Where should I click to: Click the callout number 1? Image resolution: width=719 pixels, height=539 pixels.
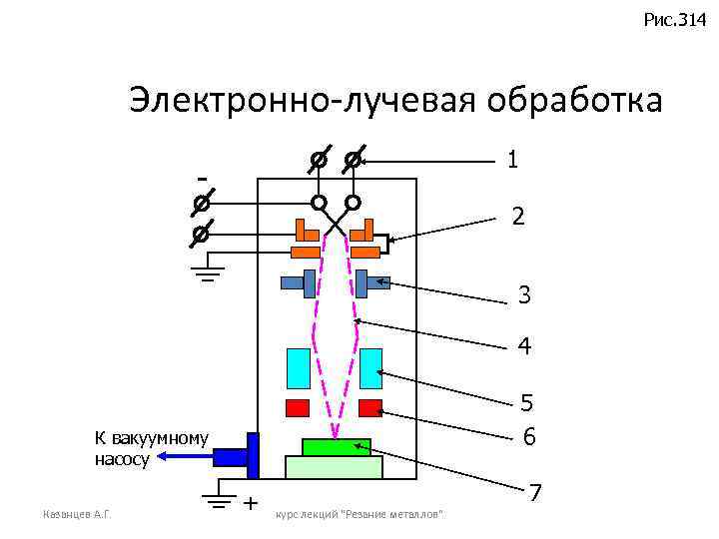[x=512, y=160]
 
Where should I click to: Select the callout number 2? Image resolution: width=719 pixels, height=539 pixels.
[x=517, y=216]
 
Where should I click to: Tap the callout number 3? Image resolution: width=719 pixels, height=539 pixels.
[x=524, y=295]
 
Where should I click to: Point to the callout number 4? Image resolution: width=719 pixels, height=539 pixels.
[x=524, y=347]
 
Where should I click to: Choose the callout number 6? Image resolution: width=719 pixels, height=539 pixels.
[x=529, y=437]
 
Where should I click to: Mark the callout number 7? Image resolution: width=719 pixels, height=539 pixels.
[x=536, y=493]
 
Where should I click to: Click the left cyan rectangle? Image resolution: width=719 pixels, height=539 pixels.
[x=299, y=368]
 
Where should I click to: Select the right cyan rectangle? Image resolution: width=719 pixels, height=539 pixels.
[x=371, y=368]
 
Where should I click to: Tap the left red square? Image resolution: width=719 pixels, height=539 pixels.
[x=298, y=407]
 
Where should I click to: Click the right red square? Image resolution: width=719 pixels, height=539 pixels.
[x=370, y=407]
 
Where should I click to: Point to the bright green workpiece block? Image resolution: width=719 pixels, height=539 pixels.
[x=337, y=447]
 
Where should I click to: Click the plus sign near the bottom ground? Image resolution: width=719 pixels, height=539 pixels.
[x=250, y=501]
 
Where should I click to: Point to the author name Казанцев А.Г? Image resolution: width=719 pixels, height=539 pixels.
[x=76, y=514]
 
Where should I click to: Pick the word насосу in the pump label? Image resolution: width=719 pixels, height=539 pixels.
[x=122, y=460]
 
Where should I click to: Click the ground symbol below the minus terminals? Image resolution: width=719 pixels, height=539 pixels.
[x=207, y=272]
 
